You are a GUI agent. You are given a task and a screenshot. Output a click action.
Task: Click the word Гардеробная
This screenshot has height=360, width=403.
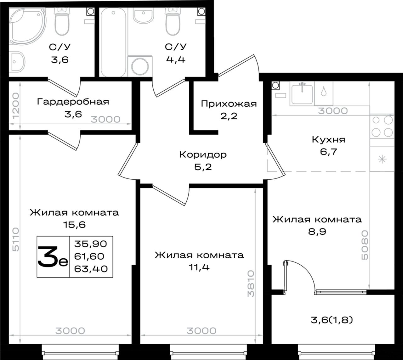click(73, 102)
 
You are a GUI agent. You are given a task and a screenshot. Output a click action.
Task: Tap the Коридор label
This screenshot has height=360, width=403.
click(203, 155)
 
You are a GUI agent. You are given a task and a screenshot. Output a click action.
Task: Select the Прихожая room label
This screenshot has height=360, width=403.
click(229, 104)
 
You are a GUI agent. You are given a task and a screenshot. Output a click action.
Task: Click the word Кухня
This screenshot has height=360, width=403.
click(328, 140)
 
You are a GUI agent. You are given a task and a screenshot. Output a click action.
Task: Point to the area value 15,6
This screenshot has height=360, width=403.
click(74, 225)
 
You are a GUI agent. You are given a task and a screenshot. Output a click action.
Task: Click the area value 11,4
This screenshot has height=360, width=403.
click(199, 267)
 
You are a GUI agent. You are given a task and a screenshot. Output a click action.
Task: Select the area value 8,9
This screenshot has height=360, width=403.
click(317, 232)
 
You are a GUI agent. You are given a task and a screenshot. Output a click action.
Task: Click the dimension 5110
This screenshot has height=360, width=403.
click(16, 239)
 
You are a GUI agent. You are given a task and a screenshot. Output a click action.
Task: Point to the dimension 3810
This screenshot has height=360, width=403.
click(251, 284)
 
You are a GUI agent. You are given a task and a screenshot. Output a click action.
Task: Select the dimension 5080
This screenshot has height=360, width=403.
click(365, 245)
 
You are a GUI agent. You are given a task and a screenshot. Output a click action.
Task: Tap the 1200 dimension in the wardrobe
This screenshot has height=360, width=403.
click(16, 106)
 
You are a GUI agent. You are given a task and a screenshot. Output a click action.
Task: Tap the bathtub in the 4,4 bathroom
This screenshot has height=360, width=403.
click(113, 42)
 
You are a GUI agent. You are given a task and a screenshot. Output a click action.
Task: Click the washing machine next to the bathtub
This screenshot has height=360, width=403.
click(140, 66)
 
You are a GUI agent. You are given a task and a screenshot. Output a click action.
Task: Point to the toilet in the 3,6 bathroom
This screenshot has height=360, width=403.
click(62, 22)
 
